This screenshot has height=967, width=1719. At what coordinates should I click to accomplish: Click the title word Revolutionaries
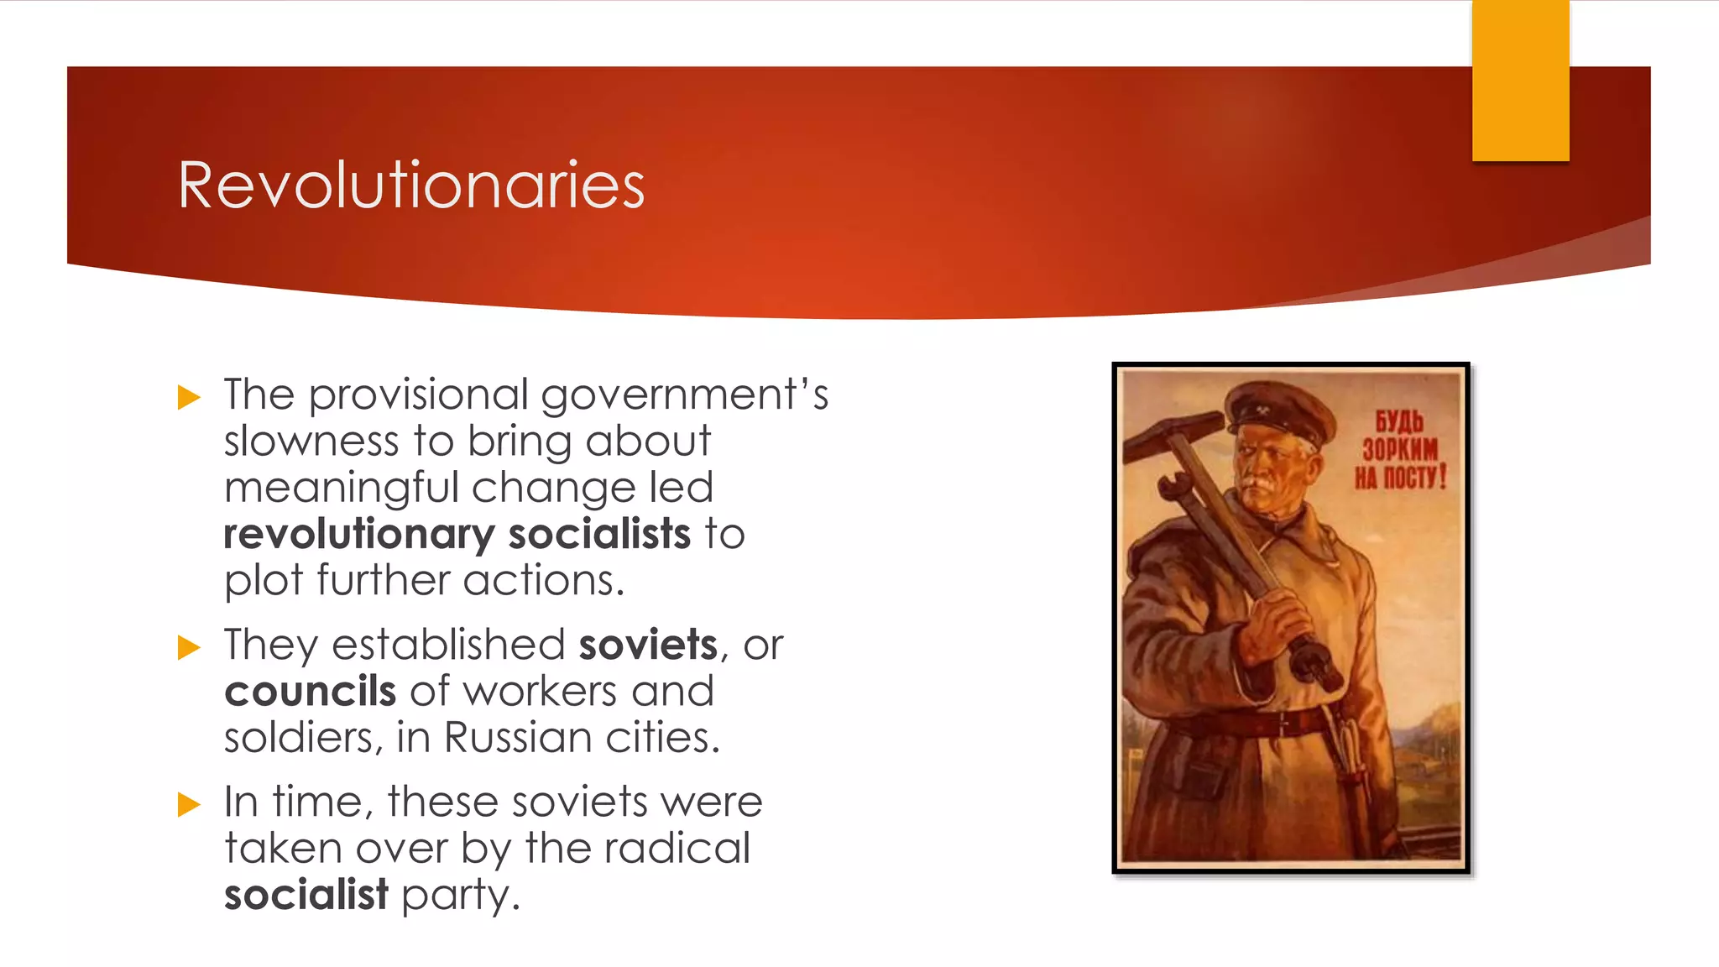(x=411, y=186)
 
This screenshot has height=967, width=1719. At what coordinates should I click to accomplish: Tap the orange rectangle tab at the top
(x=1520, y=81)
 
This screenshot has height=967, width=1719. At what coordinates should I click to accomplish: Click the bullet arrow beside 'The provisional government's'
(x=190, y=397)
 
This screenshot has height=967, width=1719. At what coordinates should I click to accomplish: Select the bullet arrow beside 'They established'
(x=190, y=647)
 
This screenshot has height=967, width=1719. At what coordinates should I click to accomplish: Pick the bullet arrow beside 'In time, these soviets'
(x=190, y=804)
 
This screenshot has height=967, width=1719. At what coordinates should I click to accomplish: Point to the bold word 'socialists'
(x=598, y=534)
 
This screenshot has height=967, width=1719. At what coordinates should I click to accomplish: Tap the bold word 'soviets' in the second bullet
(x=648, y=645)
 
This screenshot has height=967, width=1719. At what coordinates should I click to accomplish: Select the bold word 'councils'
(x=310, y=692)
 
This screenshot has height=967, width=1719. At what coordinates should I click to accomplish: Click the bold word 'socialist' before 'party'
(x=306, y=894)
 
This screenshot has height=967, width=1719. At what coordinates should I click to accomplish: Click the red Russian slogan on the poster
(x=1399, y=450)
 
